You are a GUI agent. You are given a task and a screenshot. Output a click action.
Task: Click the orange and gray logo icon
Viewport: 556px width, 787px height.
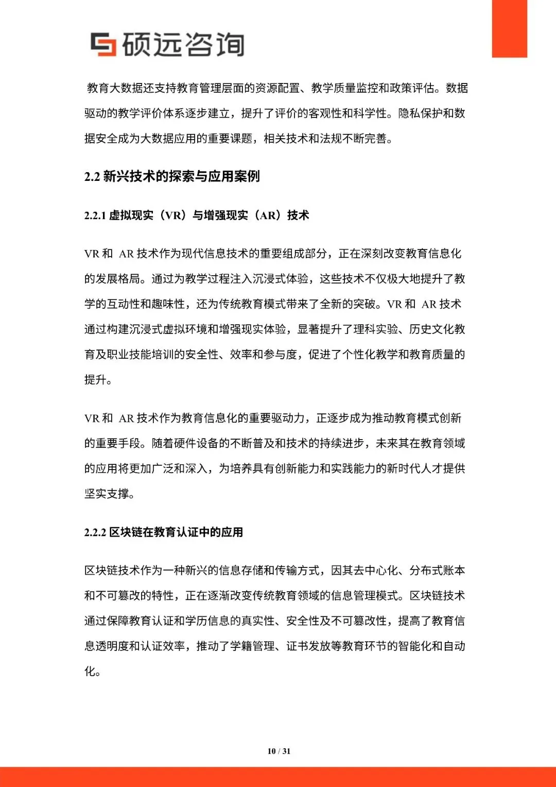click(103, 44)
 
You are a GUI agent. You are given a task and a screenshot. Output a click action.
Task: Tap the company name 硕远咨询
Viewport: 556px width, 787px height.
click(183, 44)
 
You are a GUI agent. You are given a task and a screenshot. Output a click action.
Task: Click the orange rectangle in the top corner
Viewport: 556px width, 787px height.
click(509, 28)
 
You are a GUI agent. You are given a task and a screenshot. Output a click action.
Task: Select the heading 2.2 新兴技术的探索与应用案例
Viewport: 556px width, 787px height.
click(172, 176)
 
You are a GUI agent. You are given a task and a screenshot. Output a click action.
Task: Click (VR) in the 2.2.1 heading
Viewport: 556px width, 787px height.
click(172, 215)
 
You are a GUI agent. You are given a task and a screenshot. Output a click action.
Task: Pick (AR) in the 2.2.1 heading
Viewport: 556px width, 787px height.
click(268, 215)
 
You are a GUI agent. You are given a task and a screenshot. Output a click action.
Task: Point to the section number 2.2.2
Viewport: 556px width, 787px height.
click(95, 532)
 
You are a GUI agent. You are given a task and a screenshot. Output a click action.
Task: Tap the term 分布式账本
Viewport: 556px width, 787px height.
click(437, 571)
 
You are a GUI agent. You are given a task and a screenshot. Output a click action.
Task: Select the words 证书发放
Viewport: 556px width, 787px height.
click(308, 646)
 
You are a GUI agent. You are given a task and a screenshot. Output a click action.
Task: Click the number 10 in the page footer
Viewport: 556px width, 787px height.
click(271, 751)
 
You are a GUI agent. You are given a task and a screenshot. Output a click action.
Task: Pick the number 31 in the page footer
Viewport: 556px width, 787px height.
click(287, 751)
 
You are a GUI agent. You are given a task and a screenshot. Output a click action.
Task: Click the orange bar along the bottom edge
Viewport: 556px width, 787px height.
click(278, 777)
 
